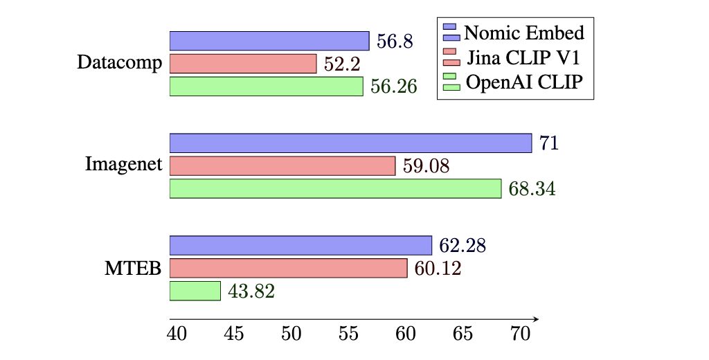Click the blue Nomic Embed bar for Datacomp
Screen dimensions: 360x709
click(269, 41)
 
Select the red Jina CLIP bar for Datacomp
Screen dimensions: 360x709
click(243, 64)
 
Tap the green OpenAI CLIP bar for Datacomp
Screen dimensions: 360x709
click(267, 87)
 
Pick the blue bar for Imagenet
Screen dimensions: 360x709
click(350, 143)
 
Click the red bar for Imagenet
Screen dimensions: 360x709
click(282, 166)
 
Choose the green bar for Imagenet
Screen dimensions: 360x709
click(335, 188)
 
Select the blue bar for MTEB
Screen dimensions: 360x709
click(300, 245)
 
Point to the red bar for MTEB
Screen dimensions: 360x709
click(288, 268)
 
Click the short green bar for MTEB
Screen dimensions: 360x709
click(195, 291)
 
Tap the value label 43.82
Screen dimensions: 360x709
click(251, 291)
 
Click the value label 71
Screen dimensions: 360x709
click(549, 144)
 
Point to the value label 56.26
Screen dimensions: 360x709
click(393, 87)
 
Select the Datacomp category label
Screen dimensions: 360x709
click(120, 64)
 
